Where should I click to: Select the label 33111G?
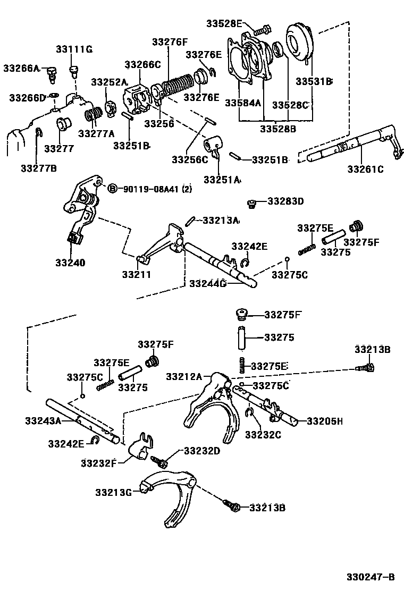74,49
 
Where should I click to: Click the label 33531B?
314,81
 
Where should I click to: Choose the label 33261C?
365,169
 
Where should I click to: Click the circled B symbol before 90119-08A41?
112,189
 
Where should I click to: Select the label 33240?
70,263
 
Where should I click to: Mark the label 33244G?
208,284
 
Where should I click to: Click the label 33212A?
184,377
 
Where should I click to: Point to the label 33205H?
324,421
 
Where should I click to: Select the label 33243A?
43,421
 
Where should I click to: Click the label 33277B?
39,168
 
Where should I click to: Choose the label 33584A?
243,102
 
